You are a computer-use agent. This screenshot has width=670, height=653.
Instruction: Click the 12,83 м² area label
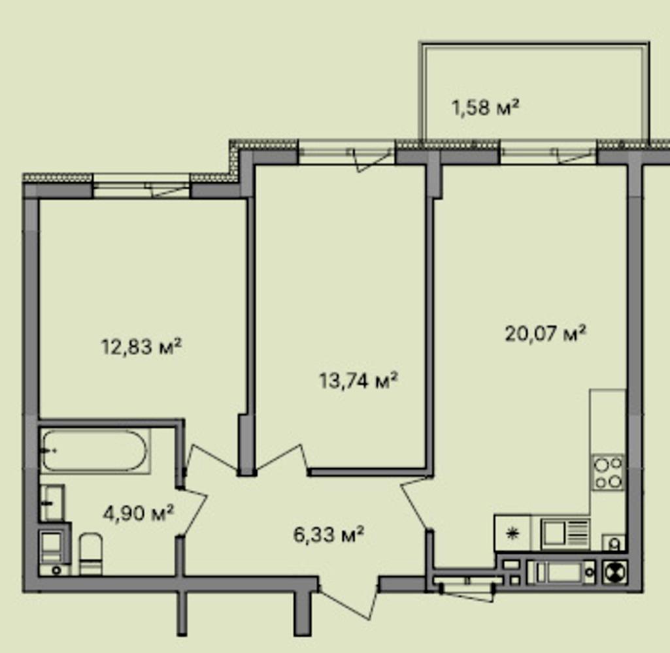(x=141, y=346)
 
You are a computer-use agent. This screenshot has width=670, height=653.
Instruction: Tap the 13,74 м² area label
(x=358, y=380)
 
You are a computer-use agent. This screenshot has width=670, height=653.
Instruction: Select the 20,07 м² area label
(x=544, y=333)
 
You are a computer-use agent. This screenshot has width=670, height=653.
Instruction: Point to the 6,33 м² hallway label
(x=329, y=534)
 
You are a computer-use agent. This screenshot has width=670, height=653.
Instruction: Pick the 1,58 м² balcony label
(x=486, y=106)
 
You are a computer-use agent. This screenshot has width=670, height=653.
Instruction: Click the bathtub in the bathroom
(x=95, y=451)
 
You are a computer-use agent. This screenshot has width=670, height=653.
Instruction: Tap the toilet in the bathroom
(x=91, y=554)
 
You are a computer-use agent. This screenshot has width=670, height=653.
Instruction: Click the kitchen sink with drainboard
(x=565, y=534)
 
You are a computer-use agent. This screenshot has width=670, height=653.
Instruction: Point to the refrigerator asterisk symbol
(x=512, y=534)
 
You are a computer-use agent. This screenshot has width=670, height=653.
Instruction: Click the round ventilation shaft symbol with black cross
(x=615, y=572)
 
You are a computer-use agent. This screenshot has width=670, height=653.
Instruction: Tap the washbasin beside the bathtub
(x=52, y=503)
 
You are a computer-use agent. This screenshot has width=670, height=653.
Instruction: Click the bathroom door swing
(x=193, y=511)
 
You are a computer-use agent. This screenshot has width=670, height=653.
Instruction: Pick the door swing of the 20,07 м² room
(x=415, y=503)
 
